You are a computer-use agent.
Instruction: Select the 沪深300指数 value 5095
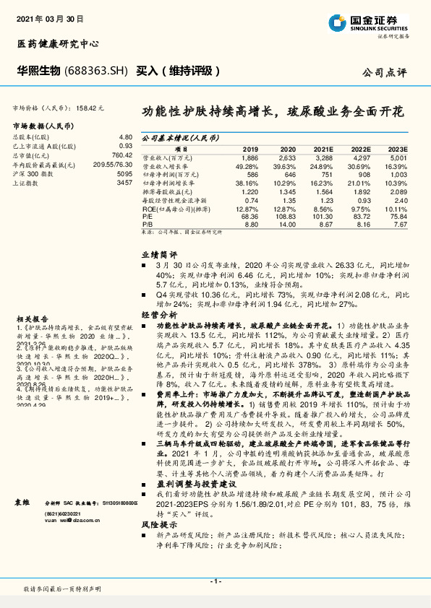click(x=124, y=174)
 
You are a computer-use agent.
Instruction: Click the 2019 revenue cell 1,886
click(x=249, y=157)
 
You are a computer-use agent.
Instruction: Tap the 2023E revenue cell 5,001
click(x=398, y=157)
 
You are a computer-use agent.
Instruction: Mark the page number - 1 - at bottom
click(x=215, y=581)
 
